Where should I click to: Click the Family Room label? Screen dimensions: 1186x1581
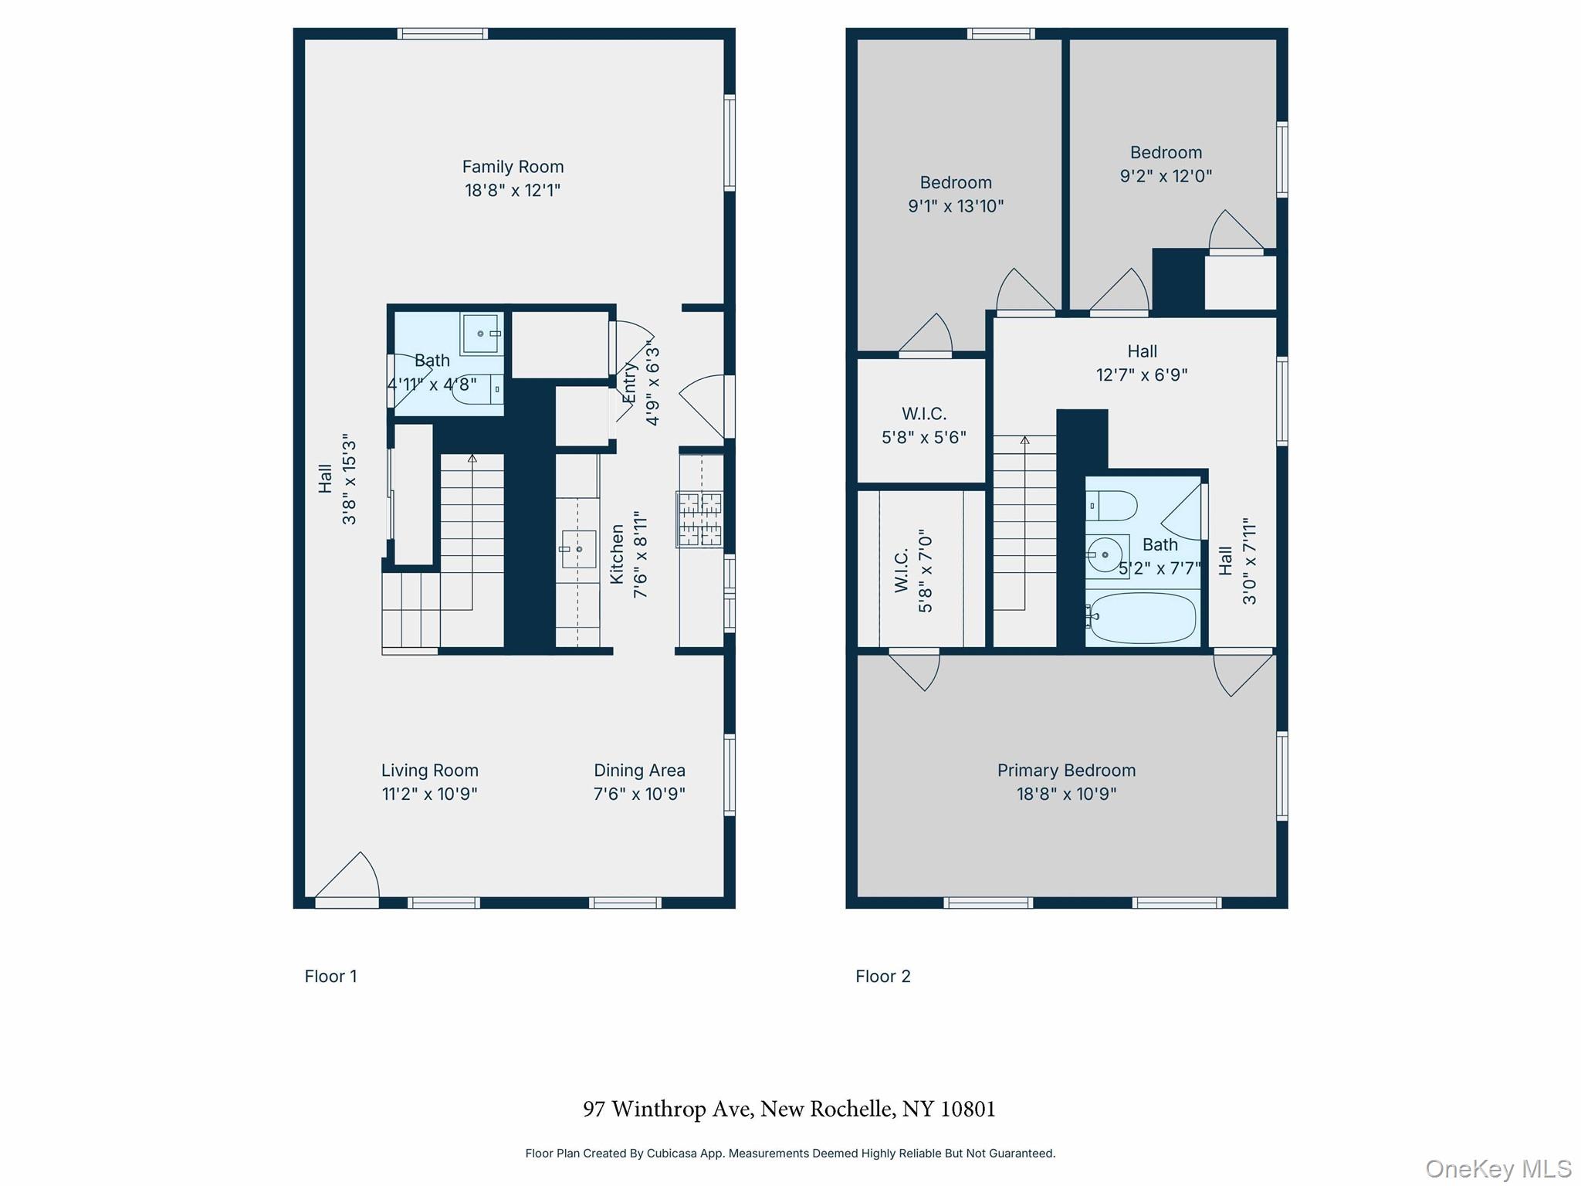tap(513, 167)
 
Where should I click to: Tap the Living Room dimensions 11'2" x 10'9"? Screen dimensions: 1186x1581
tap(429, 794)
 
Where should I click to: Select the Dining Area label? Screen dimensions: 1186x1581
tap(639, 770)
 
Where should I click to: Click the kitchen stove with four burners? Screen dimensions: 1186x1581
tap(699, 519)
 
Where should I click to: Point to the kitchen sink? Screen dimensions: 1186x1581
tap(578, 549)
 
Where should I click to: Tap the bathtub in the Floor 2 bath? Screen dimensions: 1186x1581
tap(1141, 618)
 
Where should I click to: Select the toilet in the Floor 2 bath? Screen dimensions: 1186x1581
tap(1112, 507)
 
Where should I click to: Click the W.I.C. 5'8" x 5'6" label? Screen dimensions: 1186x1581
tap(923, 425)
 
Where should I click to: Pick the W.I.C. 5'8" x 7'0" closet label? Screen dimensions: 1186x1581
tap(913, 571)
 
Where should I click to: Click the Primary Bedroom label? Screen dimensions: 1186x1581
tap(1066, 770)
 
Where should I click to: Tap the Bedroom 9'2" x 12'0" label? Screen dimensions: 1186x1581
tap(1166, 164)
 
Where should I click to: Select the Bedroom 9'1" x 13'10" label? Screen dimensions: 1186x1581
tap(956, 194)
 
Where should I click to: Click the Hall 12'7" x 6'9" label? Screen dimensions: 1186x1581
tap(1141, 362)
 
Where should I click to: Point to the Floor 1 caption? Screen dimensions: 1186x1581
tap(330, 976)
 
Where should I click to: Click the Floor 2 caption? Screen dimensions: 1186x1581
tap(882, 976)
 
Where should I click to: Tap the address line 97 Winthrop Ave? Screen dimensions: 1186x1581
tap(789, 1109)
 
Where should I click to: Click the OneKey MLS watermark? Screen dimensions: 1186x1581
tap(1498, 1168)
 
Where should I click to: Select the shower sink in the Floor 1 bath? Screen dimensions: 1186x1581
tap(481, 334)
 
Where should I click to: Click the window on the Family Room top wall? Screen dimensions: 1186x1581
tap(442, 33)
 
